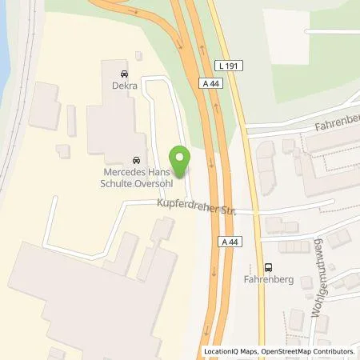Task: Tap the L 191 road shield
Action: click(x=229, y=65)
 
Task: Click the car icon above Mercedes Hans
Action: click(x=138, y=158)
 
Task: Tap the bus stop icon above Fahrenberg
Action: click(x=268, y=268)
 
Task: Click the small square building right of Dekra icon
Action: click(x=139, y=56)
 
